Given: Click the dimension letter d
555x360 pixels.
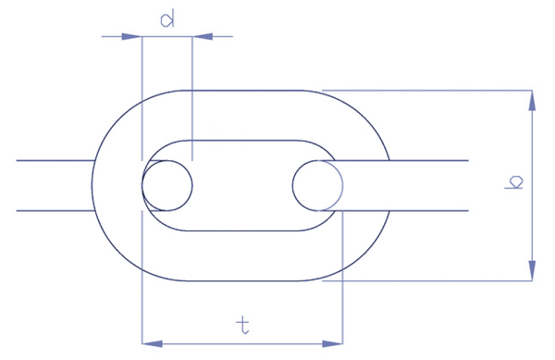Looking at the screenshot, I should [x=166, y=19].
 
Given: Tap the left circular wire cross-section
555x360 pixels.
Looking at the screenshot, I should [x=167, y=185].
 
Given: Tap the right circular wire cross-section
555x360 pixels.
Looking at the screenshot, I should [x=317, y=185].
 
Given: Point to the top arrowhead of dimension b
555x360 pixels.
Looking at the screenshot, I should [x=532, y=99].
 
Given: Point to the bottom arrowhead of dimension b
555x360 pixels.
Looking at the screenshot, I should [x=532, y=271].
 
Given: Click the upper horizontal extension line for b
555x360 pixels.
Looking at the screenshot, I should [x=425, y=90].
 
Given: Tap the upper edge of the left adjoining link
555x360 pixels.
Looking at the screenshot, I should [x=55, y=160].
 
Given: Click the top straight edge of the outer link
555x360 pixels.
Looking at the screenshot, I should [x=240, y=90].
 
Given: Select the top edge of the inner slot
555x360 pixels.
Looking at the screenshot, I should [x=240, y=140].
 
